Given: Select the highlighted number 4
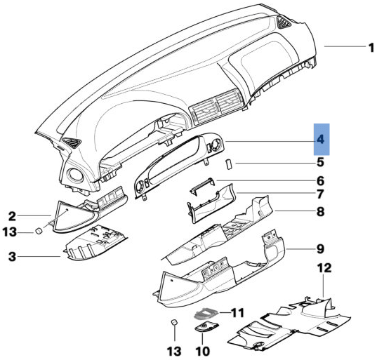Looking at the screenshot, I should [x=320, y=140].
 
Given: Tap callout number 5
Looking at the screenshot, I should [x=320, y=164].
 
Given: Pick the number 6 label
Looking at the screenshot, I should [x=320, y=181].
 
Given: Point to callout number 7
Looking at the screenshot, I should [x=320, y=194].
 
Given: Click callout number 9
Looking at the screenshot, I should [x=320, y=248].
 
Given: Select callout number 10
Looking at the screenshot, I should [x=203, y=349].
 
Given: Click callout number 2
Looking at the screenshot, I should [x=12, y=216].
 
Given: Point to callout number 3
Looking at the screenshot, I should [x=12, y=257].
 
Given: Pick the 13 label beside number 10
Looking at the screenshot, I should [x=172, y=349].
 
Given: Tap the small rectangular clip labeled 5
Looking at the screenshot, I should [x=229, y=164].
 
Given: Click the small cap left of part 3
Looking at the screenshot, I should [x=41, y=231].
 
